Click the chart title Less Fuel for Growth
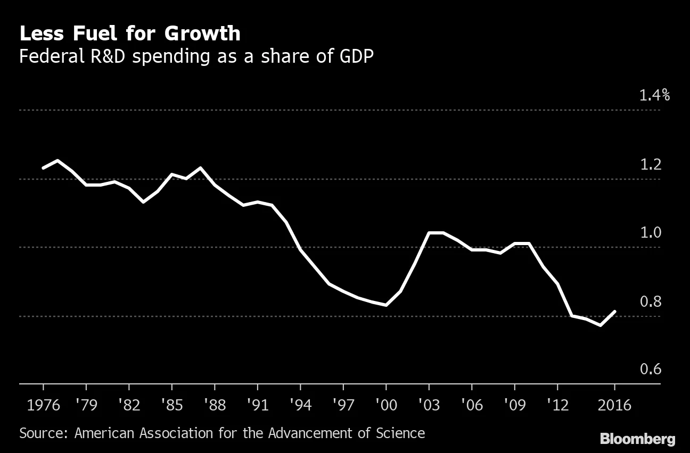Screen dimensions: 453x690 [129, 33]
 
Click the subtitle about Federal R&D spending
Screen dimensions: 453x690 [196, 56]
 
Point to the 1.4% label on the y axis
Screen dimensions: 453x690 [654, 96]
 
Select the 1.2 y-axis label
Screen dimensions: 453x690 [651, 165]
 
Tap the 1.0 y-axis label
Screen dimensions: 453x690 [651, 233]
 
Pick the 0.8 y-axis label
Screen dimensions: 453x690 [651, 301]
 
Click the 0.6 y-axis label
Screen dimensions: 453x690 [651, 369]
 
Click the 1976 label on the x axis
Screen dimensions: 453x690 [43, 405]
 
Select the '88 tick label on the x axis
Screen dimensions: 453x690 [214, 405]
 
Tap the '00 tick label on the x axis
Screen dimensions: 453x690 [385, 405]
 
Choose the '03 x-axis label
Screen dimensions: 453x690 [429, 405]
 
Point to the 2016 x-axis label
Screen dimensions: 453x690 [614, 405]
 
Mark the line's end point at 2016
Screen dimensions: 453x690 [615, 312]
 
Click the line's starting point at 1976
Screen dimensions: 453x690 [43, 168]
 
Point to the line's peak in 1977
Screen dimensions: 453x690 [57, 161]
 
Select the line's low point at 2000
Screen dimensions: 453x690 [386, 305]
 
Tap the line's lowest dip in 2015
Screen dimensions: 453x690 [601, 325]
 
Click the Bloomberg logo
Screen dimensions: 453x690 [637, 439]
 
